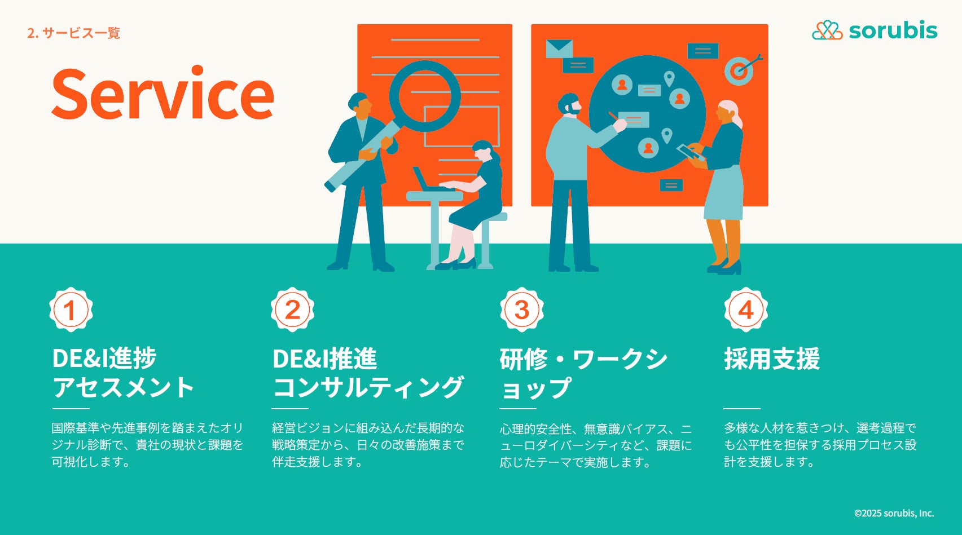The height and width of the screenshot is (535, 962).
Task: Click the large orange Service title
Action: (162, 93)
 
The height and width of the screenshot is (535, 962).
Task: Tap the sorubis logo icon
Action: (827, 30)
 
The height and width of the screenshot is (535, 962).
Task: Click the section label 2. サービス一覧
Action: (73, 33)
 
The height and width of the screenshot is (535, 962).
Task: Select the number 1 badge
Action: (71, 309)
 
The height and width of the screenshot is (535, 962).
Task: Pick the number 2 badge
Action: (292, 309)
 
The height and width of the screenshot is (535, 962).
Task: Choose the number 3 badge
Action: (522, 309)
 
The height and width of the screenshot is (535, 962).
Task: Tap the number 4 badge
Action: (746, 309)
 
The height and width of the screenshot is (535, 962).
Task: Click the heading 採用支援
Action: (772, 358)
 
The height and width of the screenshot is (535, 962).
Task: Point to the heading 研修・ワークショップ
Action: (583, 373)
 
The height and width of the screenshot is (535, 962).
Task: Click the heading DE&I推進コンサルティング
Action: (368, 373)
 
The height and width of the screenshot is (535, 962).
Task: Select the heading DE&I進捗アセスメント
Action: (123, 373)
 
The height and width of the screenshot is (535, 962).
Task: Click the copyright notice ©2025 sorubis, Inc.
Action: (894, 513)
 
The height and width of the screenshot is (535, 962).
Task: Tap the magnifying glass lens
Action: (425, 96)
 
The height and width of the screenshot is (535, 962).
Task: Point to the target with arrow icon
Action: (742, 69)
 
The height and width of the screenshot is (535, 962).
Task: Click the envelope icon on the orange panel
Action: (559, 48)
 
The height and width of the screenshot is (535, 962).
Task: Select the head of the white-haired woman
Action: (728, 113)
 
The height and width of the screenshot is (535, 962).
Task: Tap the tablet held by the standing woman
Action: (691, 152)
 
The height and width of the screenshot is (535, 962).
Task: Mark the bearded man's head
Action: (569, 105)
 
